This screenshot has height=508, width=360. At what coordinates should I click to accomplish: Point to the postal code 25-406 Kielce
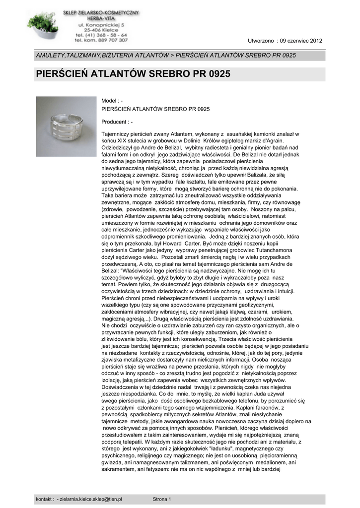(101, 29)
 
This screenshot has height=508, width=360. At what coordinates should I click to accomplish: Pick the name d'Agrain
(270, 141)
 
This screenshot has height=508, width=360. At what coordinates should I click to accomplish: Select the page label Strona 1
(162, 499)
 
